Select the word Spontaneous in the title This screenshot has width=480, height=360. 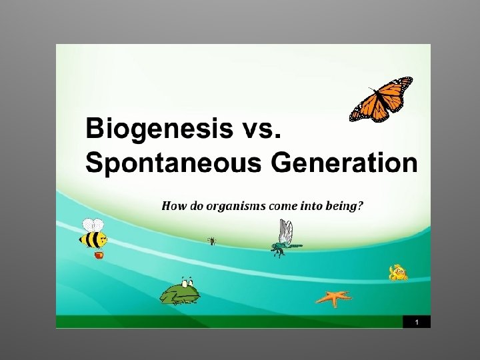coord(173,163)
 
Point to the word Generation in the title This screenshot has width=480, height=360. coord(344,162)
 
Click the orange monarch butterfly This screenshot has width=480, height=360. coord(381,99)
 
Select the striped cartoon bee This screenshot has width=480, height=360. coord(93,234)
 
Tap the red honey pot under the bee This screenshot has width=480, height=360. coord(98,255)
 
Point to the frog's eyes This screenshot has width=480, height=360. coord(187,282)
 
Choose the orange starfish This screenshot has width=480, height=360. coord(334,298)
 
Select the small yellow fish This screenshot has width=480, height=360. coord(398,273)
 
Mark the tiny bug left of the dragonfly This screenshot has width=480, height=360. coord(212,241)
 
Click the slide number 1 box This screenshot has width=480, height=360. coord(417,322)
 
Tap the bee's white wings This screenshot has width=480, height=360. coord(93,225)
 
